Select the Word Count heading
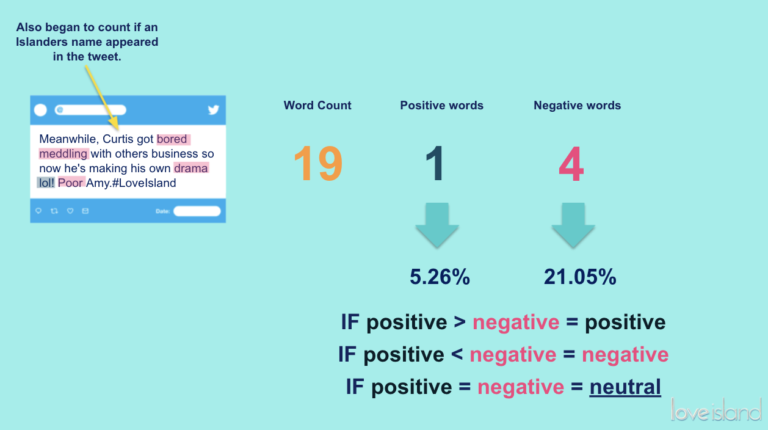point(317,106)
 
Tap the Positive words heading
point(441,106)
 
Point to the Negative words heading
point(577,106)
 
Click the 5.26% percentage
point(440,277)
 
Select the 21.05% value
point(580,277)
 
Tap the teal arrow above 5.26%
point(437,225)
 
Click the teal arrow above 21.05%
point(573,225)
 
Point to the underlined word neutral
point(625,387)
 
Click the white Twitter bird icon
point(213,110)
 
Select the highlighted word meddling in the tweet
point(63,154)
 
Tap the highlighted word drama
point(191,168)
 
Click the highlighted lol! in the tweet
point(46,183)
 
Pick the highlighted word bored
point(173,139)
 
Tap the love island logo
point(716,410)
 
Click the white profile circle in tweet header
point(40,110)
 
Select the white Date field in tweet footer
point(197,211)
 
